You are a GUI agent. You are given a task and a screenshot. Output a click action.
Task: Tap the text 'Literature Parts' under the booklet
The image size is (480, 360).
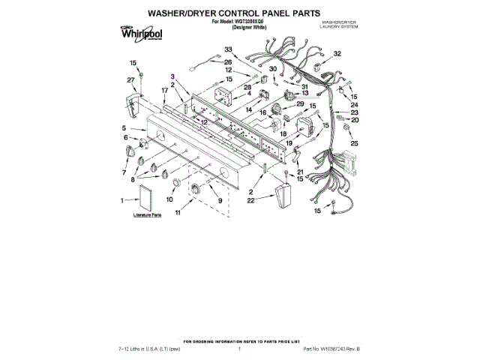click(x=147, y=215)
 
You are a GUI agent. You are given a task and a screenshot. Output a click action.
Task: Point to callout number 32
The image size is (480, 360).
click(x=337, y=54)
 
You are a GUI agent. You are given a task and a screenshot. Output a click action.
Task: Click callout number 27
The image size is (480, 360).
click(x=130, y=79)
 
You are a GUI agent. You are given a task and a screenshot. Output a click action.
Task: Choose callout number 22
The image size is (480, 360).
click(x=271, y=201)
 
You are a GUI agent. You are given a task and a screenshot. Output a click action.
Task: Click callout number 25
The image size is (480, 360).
click(x=355, y=143)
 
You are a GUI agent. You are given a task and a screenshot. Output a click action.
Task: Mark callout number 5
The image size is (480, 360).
click(x=124, y=129)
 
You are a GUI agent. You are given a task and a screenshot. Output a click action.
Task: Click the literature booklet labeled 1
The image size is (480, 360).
click(x=140, y=200)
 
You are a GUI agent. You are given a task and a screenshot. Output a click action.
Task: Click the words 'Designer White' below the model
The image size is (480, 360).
click(x=240, y=28)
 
